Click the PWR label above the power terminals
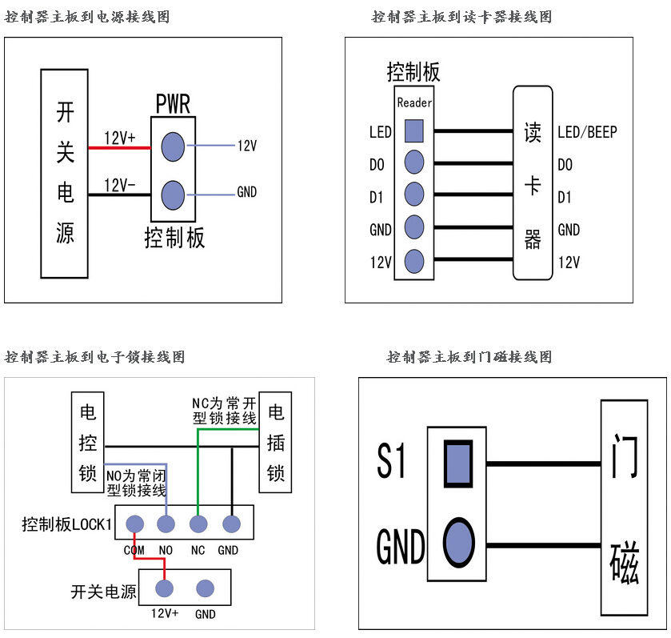tap(173, 104)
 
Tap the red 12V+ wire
tap(120, 147)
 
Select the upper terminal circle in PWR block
tap(173, 146)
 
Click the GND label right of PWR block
tap(246, 193)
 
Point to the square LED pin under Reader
tap(413, 130)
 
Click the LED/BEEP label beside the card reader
tap(587, 132)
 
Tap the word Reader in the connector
tap(414, 102)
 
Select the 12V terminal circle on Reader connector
tap(413, 261)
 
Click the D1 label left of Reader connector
tap(377, 197)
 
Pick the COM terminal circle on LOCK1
tap(134, 524)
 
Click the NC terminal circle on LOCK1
tap(198, 524)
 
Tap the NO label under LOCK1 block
tap(166, 551)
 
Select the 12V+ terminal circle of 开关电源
tap(165, 589)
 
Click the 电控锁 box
tap(88, 443)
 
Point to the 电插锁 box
tap(276, 443)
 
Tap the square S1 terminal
tap(457, 463)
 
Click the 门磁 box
tap(624, 508)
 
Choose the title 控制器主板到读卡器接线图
tap(461, 17)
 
